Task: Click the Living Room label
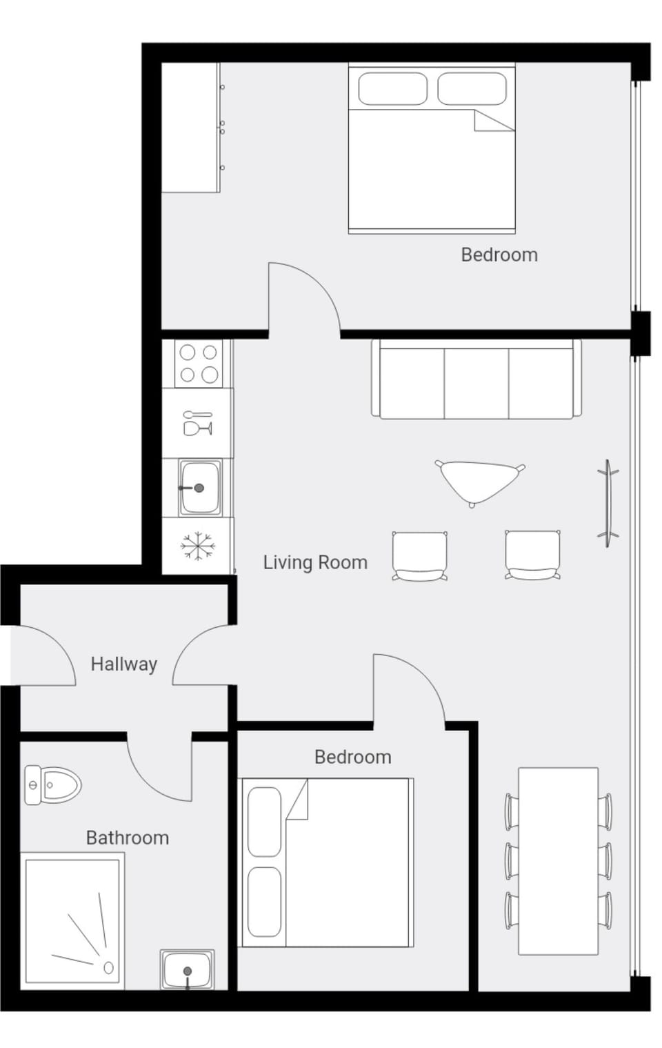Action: [314, 562]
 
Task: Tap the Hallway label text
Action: [124, 664]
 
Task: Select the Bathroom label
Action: [127, 838]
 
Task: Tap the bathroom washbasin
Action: [188, 969]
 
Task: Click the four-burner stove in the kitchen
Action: [199, 364]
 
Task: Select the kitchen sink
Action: [200, 487]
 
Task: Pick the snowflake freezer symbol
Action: [198, 546]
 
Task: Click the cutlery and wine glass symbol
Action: [198, 423]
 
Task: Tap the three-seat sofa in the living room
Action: [476, 379]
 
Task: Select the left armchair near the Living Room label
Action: [419, 555]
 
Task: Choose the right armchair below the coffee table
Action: [532, 555]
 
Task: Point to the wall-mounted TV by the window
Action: [608, 503]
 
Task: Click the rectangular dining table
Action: [558, 860]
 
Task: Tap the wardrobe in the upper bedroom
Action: [190, 128]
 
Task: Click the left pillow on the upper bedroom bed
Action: [392, 89]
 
